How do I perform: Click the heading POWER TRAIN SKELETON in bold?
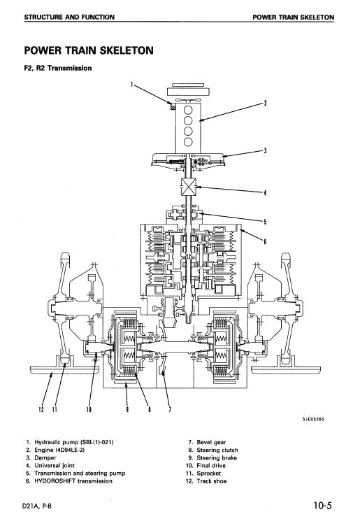tap(89, 50)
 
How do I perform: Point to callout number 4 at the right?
tap(265, 194)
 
